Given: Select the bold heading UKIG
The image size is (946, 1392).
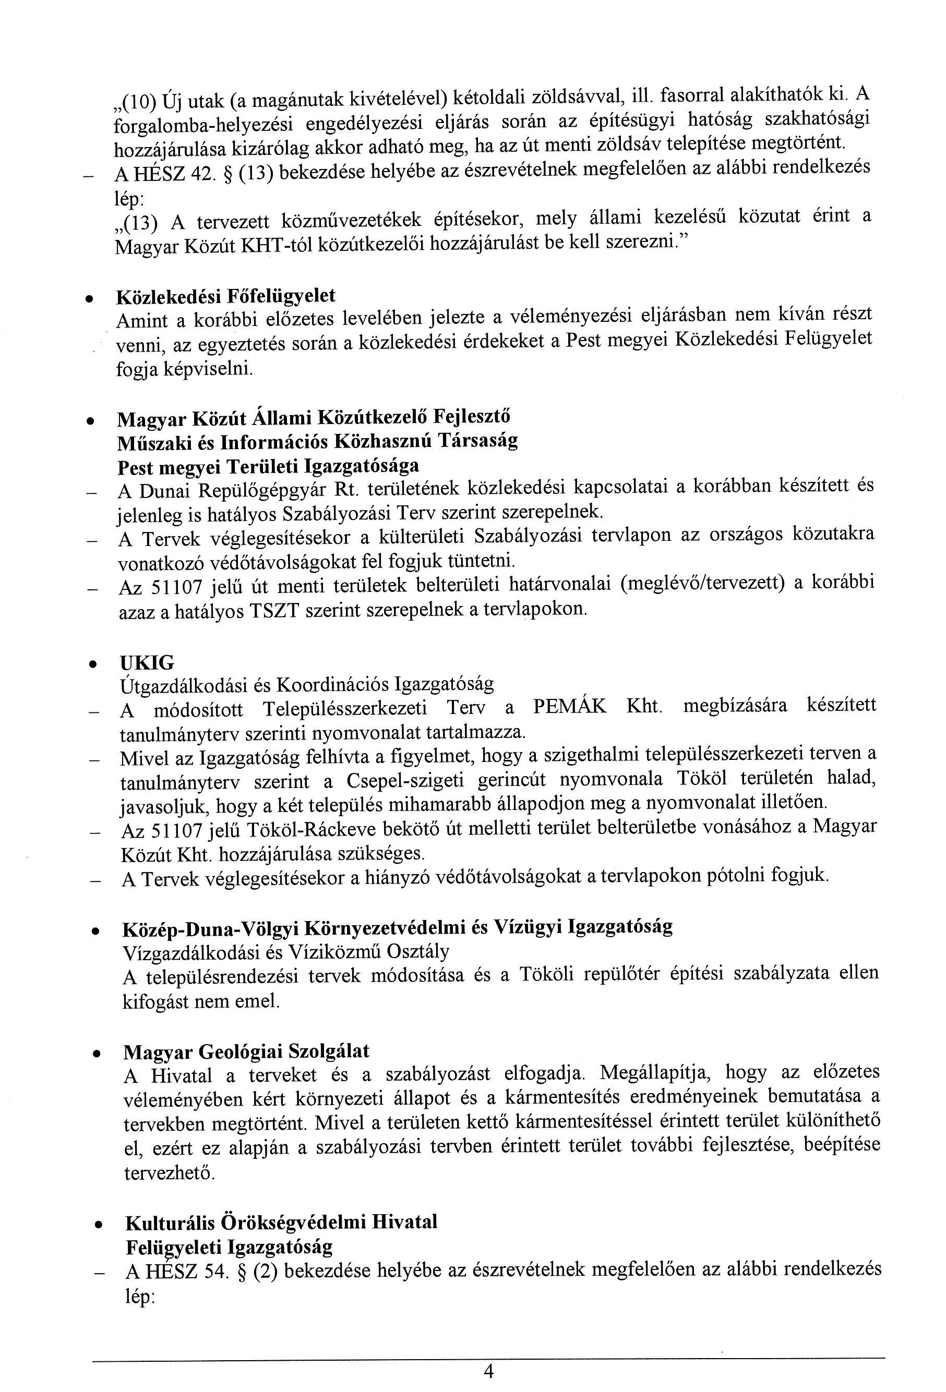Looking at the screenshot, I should (x=147, y=662).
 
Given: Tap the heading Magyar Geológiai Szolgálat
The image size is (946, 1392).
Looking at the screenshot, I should (x=246, y=1051).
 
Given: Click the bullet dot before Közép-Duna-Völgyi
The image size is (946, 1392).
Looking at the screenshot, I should (x=94, y=931).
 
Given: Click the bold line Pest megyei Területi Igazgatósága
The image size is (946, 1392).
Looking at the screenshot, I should (x=268, y=465).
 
